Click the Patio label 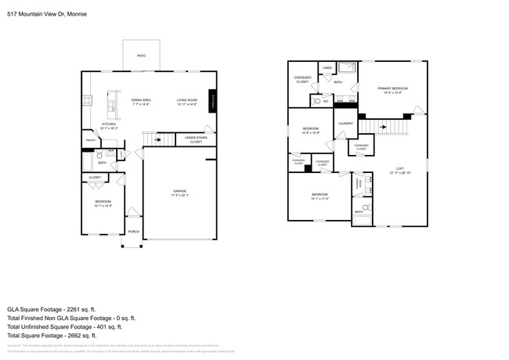point(141,56)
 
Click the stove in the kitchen point(88,101)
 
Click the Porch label point(133,232)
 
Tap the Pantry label point(90,140)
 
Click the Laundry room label point(345,123)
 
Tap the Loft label point(399,170)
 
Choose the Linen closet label point(327,68)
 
